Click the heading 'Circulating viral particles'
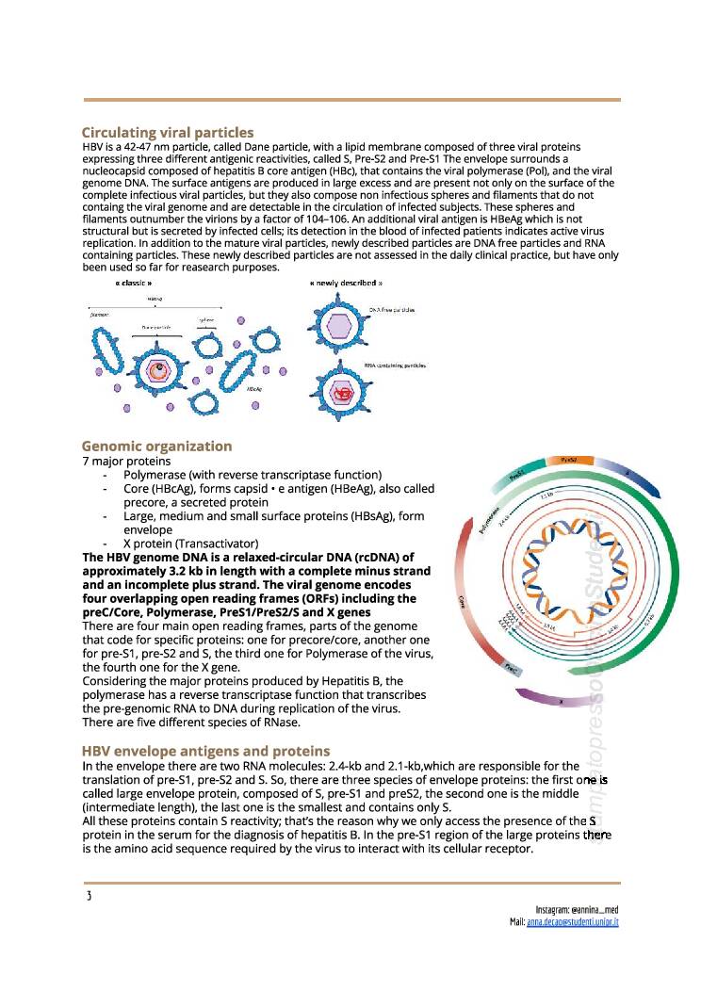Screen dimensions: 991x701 point(167,133)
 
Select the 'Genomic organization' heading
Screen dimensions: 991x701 point(156,446)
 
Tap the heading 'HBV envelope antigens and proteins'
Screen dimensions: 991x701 point(205,751)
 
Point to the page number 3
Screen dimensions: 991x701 point(88,895)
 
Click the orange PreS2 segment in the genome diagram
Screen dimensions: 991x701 point(569,460)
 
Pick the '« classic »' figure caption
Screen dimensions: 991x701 point(133,283)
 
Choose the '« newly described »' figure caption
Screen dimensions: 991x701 point(346,283)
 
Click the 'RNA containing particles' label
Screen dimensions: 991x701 point(396,365)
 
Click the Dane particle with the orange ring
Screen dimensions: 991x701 point(163,369)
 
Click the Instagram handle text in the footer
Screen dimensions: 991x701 point(578,909)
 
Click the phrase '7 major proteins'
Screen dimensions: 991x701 point(127,461)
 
